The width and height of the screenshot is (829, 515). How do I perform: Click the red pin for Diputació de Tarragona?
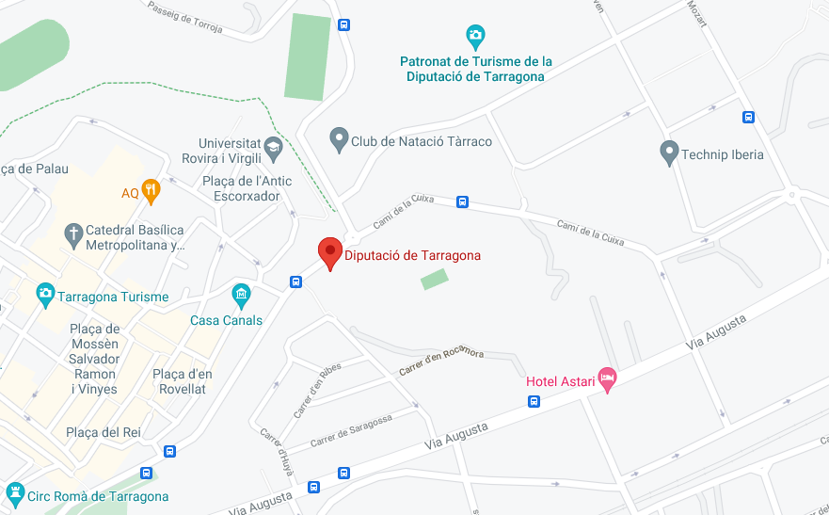tap(329, 252)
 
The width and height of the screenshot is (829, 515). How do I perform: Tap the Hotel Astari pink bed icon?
tap(608, 378)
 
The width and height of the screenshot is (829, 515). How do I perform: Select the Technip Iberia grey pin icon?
tap(669, 152)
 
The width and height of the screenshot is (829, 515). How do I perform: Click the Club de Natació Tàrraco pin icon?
tap(339, 139)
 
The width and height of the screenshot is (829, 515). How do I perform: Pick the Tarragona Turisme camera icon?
tap(45, 295)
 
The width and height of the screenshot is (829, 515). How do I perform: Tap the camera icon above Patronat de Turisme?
tap(475, 37)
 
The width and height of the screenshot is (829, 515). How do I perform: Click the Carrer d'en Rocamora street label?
tap(441, 360)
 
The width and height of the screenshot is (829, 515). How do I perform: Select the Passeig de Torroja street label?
tap(184, 17)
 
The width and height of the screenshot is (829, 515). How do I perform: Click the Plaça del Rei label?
tap(102, 432)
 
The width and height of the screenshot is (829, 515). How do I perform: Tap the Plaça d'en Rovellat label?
tap(183, 381)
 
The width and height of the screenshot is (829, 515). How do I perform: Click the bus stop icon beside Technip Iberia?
tap(748, 117)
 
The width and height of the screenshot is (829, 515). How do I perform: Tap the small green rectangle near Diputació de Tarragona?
tap(434, 279)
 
